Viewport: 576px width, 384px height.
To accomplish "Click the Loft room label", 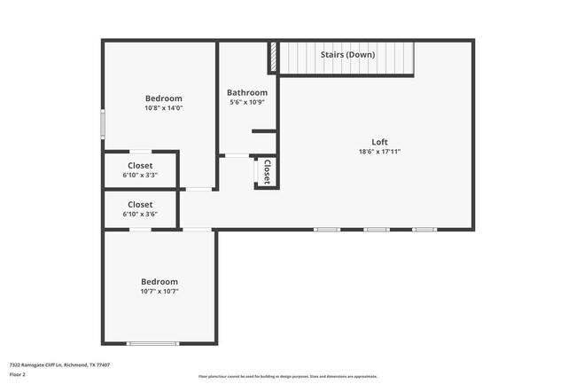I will point(379,142).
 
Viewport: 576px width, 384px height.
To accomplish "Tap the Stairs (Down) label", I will point(347,55).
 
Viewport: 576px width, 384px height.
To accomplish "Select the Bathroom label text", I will point(246,92).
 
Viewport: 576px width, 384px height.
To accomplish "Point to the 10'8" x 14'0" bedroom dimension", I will point(164,108).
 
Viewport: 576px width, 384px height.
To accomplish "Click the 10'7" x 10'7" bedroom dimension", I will point(160,291).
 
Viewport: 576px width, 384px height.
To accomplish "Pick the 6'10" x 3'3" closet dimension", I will point(140,176).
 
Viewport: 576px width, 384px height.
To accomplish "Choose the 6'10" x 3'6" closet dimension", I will point(140,215).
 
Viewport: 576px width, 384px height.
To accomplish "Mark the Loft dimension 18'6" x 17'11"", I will point(379,152).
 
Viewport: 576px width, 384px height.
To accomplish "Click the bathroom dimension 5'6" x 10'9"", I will point(246,102).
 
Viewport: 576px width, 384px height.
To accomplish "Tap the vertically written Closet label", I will point(267,171).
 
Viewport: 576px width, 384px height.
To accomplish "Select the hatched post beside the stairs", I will point(274,59).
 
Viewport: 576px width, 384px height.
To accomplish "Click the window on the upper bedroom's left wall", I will point(103,122).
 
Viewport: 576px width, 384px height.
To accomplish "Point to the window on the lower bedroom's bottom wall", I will point(152,343).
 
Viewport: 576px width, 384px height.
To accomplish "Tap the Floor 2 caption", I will point(18,374).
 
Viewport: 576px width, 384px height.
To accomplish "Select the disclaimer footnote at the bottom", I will point(288,376).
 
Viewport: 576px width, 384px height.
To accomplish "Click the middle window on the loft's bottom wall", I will point(376,230).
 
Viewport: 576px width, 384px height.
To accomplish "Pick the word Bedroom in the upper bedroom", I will point(164,98).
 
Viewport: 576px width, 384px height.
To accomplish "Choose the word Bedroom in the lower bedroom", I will point(160,281).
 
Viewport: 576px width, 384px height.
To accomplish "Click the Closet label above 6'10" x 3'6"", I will point(140,205).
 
